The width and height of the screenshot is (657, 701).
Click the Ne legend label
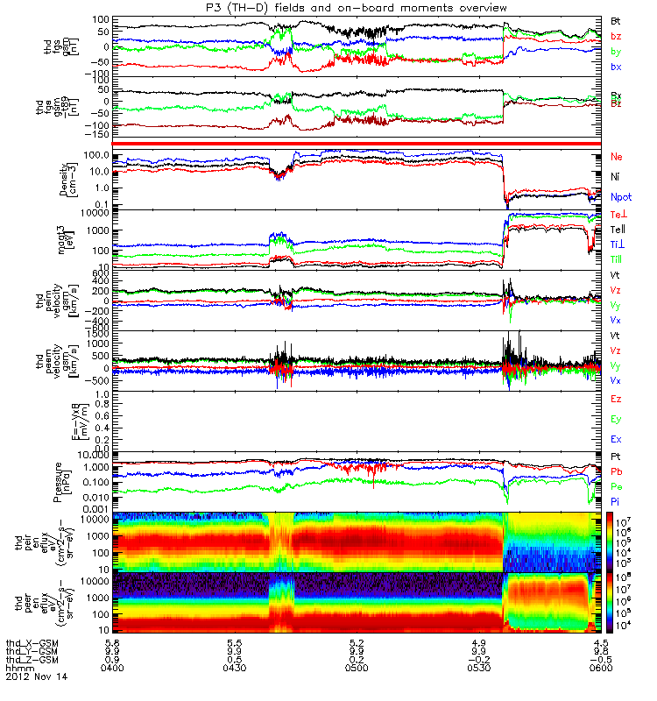click(617, 157)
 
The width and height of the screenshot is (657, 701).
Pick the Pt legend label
click(616, 457)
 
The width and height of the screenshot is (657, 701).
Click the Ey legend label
click(617, 419)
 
